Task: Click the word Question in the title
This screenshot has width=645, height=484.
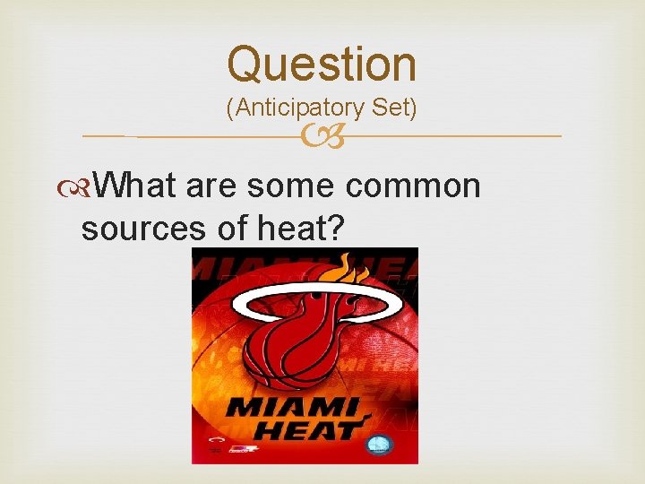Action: [322, 65]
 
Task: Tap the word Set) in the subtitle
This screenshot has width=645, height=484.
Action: [391, 108]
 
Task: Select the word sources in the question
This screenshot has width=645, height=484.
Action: [143, 229]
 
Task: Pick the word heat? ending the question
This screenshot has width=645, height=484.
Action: [300, 229]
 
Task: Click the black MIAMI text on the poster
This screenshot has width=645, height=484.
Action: [295, 409]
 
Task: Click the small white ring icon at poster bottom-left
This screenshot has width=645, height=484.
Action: [215, 441]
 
